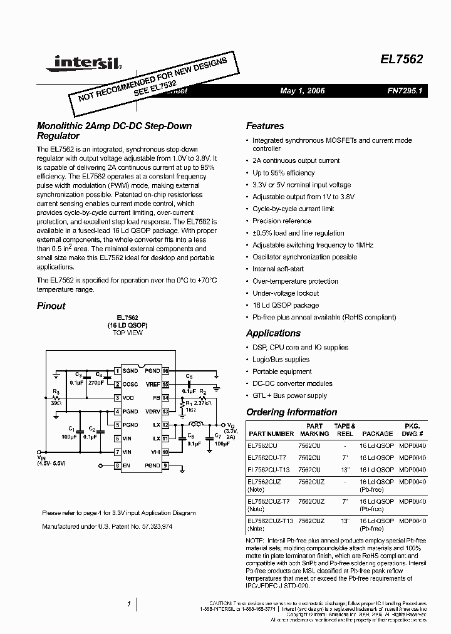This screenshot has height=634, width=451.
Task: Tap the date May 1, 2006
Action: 303,91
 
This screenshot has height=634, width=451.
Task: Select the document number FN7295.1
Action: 405,91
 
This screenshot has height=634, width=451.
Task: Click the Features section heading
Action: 264,126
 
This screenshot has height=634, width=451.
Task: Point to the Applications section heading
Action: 273,333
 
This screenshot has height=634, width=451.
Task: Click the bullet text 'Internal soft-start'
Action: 278,269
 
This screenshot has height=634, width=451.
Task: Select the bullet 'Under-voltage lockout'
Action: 286,293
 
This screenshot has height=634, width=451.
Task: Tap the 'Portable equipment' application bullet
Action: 282,372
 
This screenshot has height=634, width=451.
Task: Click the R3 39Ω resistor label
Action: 55,397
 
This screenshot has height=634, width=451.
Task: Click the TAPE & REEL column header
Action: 345,429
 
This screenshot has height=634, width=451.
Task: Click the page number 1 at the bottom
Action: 129,605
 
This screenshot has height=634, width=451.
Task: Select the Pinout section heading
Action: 51,306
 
